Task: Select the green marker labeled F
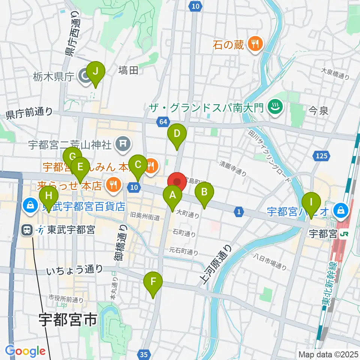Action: (153, 282)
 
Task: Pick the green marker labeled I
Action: (311, 202)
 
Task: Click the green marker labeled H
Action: (49, 196)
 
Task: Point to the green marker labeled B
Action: (204, 192)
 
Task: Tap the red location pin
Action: (177, 182)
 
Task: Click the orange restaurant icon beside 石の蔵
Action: (255, 45)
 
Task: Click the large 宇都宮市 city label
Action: (68, 320)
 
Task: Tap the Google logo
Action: (25, 351)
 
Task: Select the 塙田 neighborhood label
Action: (128, 70)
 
